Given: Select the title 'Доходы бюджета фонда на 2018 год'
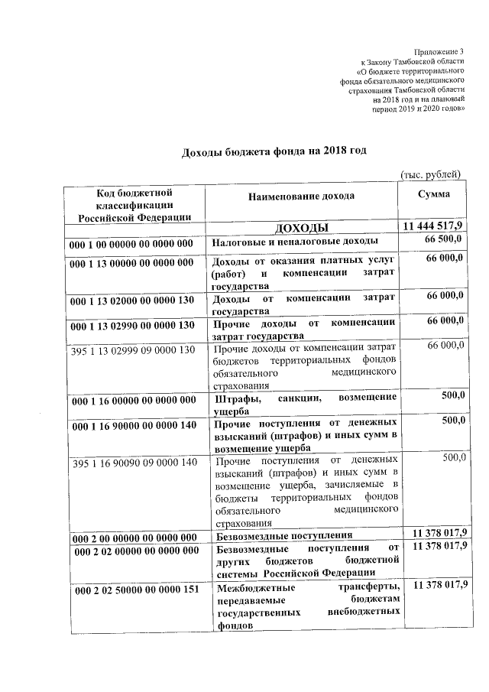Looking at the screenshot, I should pos(274,150).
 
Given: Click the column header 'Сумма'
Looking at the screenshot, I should pos(433,194).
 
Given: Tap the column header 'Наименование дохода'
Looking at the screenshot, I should pos(301,196).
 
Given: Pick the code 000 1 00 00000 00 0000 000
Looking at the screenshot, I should pos(131,243).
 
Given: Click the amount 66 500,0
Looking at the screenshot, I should pos(445,241).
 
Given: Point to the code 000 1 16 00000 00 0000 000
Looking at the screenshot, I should pos(131,400).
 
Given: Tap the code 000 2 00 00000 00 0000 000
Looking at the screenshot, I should pos(131,537).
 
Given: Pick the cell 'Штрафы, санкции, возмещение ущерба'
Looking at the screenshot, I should pos(304,404).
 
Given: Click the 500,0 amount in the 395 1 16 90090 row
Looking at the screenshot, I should pos(454,457).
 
